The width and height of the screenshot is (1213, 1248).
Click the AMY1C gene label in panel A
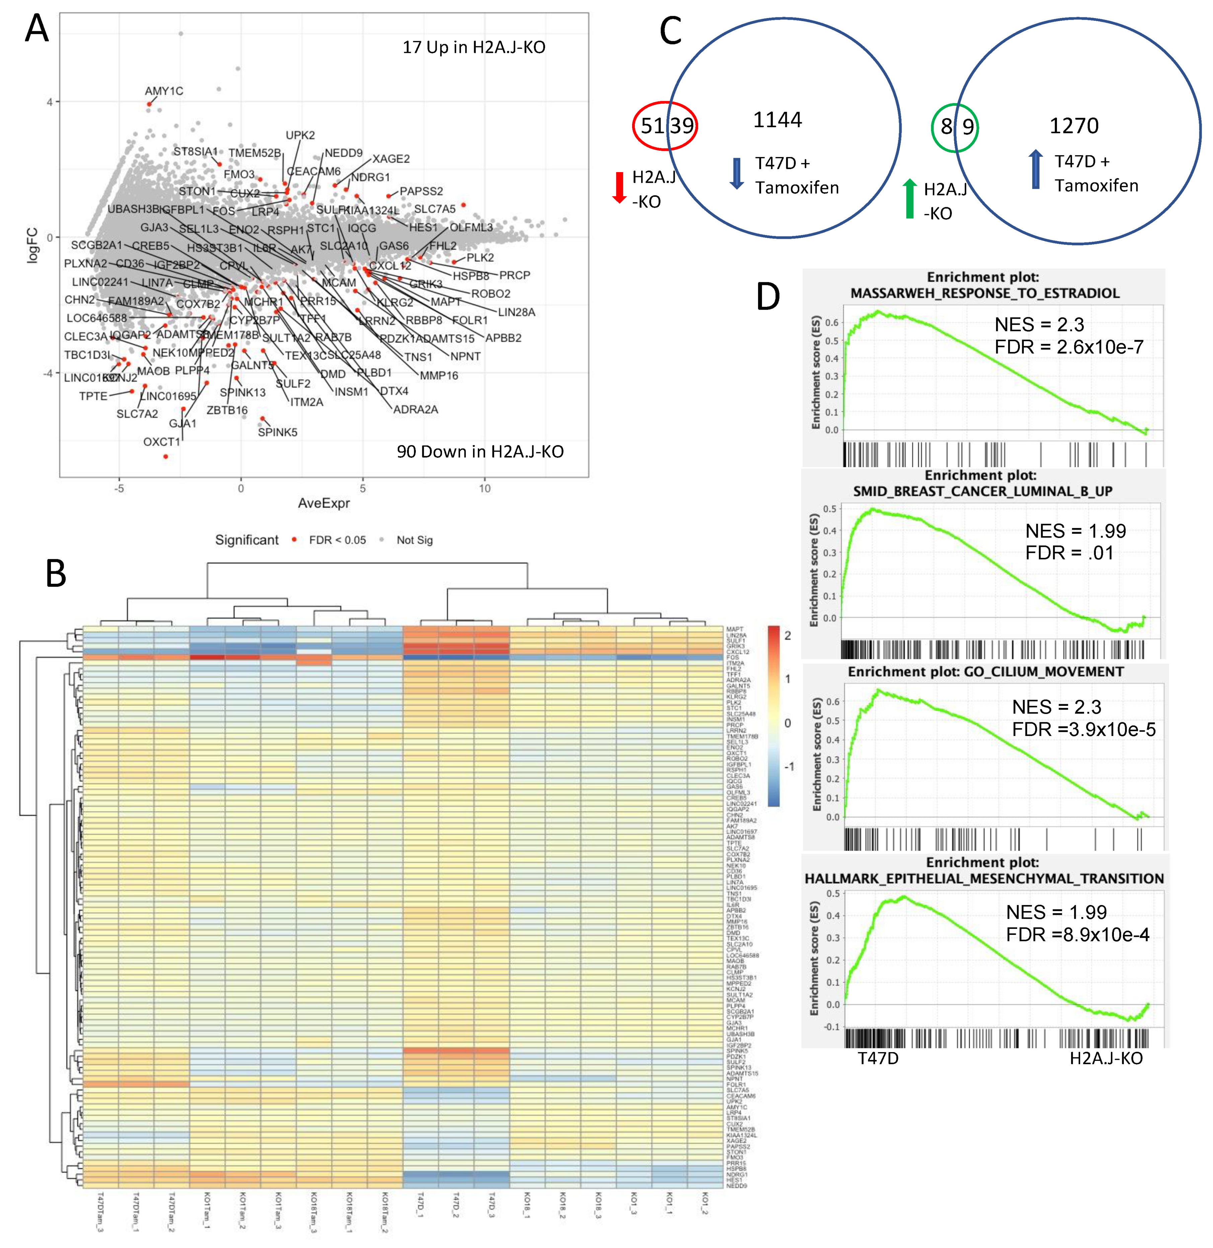164,91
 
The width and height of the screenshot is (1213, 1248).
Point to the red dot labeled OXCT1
166,456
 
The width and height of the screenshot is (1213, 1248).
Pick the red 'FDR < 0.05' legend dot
294,539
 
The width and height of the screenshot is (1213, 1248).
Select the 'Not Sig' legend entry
414,540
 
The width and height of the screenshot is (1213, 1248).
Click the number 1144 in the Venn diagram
777,120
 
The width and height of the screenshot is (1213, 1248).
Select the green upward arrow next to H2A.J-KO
910,199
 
